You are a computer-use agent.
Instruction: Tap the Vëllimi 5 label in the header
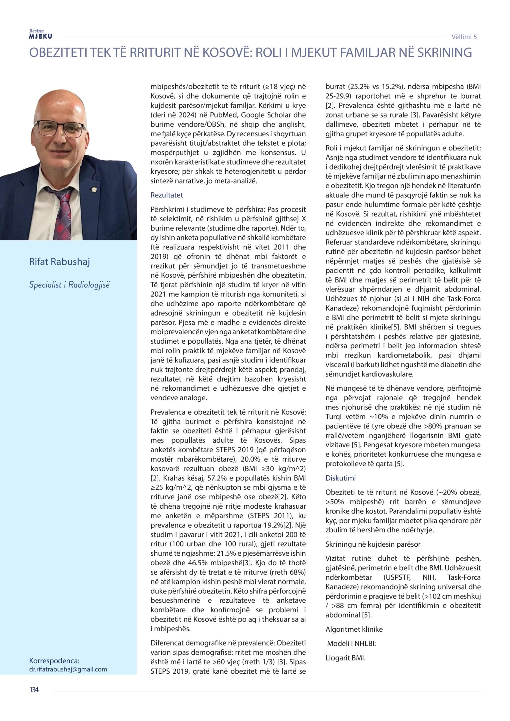tap(464, 37)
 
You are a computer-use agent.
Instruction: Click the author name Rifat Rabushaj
tap(59, 262)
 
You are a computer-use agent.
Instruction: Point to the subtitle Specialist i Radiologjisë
tap(69, 285)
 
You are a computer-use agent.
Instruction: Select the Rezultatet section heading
tap(167, 195)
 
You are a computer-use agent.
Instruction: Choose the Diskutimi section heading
tap(340, 478)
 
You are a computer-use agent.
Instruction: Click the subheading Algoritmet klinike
tap(354, 629)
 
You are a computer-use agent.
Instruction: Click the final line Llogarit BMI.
tap(345, 658)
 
